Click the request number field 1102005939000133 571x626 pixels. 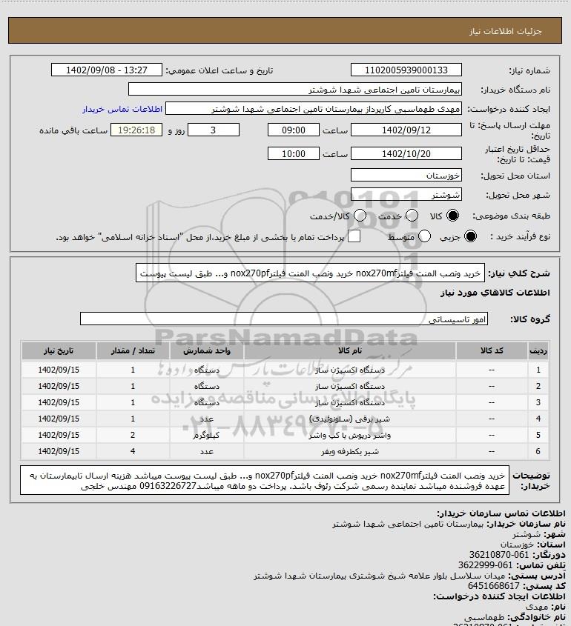406,70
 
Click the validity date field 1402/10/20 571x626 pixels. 406,154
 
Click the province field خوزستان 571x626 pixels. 406,176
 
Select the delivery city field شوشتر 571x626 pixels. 406,196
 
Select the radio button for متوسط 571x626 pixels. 425,236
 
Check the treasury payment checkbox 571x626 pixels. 354,236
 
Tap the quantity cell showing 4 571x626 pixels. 133,451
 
